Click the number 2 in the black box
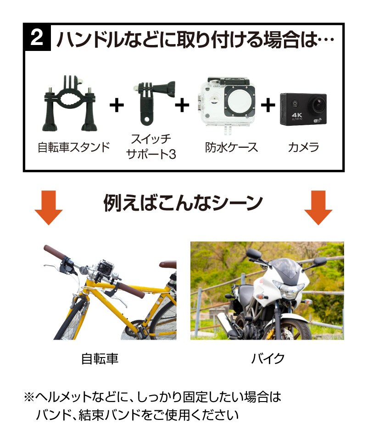pos(37,38)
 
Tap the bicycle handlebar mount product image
pos(70,103)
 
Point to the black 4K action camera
pos(303,109)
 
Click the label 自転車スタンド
pos(74,147)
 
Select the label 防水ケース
pos(231,147)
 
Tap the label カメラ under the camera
pos(303,147)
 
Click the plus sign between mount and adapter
pos(117,105)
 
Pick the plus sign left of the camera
pos(268,105)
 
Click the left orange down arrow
pos(49,207)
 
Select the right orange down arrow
pos(318,207)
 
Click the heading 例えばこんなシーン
pos(183,203)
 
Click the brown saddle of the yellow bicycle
pos(167,264)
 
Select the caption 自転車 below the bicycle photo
pos(100,359)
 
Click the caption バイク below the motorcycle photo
pos(267,359)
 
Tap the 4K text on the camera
pos(297,115)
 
